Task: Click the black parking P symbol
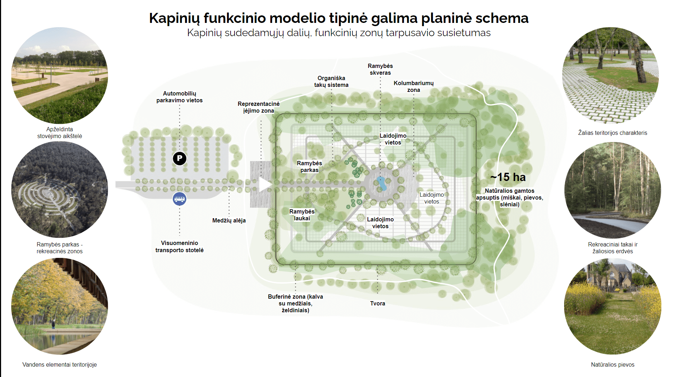(x=179, y=158)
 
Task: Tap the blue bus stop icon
(x=179, y=199)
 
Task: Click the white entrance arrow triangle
(x=265, y=185)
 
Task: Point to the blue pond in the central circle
(x=381, y=183)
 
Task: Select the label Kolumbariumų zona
(x=414, y=87)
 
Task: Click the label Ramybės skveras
(x=380, y=69)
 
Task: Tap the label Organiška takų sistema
(x=331, y=82)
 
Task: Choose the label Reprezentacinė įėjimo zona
(x=258, y=107)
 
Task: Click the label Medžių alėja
(x=229, y=220)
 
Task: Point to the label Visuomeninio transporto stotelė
(x=179, y=246)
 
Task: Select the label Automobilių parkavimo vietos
(x=179, y=97)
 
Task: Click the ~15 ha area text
(x=508, y=177)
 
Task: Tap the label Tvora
(x=378, y=303)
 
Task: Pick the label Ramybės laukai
(x=302, y=215)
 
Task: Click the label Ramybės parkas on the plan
(x=309, y=167)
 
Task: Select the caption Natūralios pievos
(x=612, y=364)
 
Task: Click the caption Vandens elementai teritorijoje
(x=59, y=364)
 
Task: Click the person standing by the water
(x=53, y=324)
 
